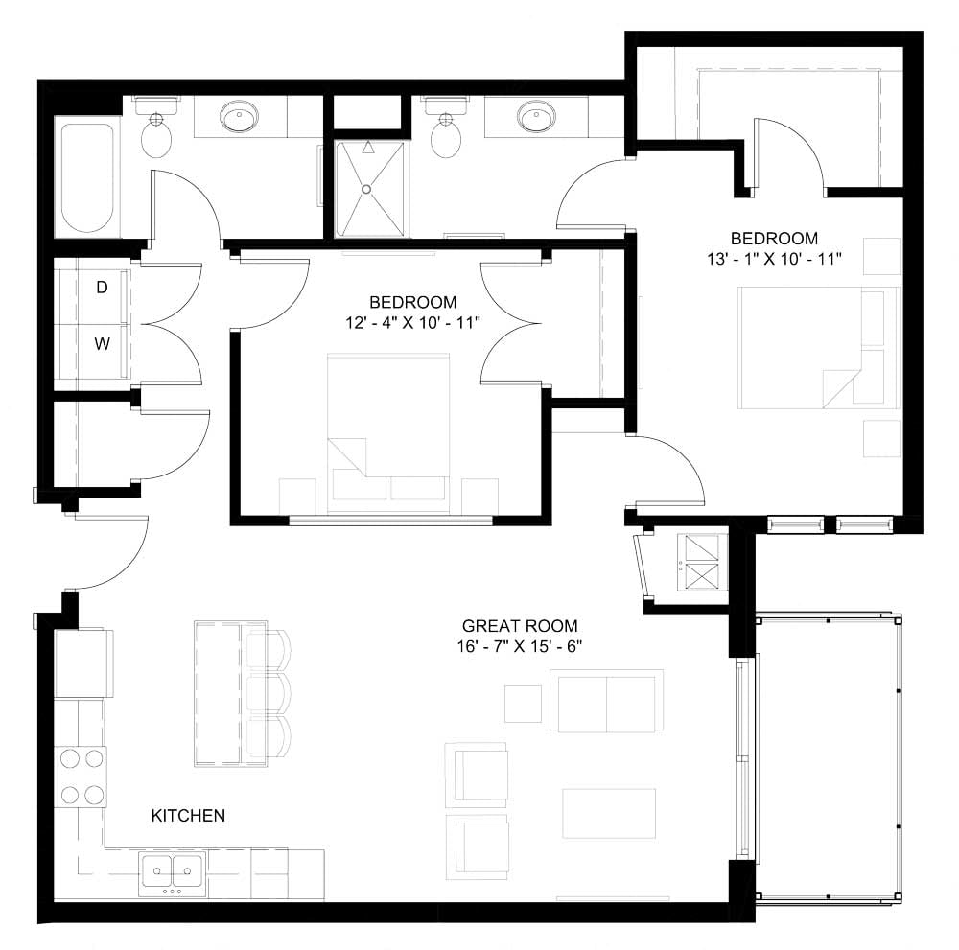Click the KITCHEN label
pyautogui.click(x=188, y=816)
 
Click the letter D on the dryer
pyautogui.click(x=101, y=287)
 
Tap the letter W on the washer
pyautogui.click(x=101, y=344)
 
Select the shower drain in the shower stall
pyautogui.click(x=366, y=189)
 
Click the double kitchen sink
pyautogui.click(x=173, y=872)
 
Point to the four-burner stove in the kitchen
pyautogui.click(x=82, y=776)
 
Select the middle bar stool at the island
pyautogui.click(x=268, y=693)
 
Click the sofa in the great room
pyautogui.click(x=606, y=702)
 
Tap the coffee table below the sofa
pyautogui.click(x=609, y=812)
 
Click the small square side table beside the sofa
pyautogui.click(x=523, y=704)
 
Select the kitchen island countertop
pyautogui.click(x=218, y=693)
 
